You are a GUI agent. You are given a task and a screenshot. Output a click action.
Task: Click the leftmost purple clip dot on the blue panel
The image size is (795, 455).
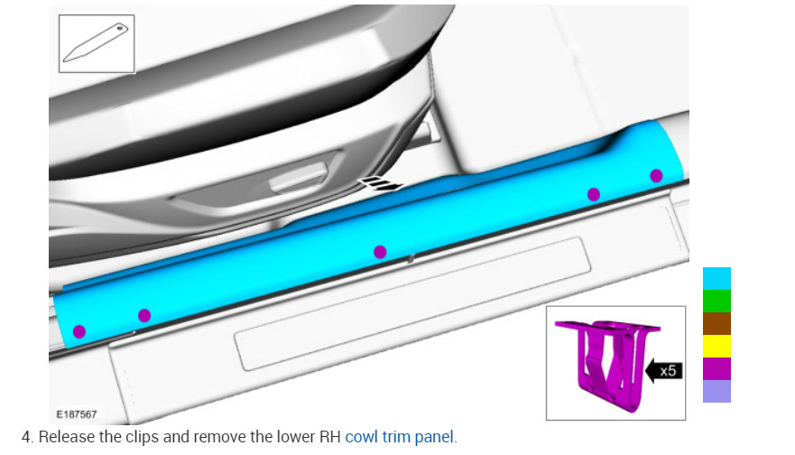click(79, 331)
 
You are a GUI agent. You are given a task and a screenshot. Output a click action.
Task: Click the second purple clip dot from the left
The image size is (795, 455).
click(144, 315)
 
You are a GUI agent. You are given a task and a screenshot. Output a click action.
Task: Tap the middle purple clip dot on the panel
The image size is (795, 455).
click(380, 252)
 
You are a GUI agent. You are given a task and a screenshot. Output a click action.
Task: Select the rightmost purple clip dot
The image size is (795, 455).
click(656, 175)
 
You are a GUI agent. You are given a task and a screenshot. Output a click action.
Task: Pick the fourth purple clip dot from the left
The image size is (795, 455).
click(594, 194)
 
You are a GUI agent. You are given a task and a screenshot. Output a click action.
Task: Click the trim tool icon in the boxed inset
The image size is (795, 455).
click(96, 42)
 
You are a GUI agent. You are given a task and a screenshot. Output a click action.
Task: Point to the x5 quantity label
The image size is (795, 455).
click(668, 371)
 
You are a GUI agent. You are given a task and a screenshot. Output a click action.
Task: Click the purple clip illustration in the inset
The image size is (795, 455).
click(608, 363)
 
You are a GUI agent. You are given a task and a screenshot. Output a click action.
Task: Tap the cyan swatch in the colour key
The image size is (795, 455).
click(716, 278)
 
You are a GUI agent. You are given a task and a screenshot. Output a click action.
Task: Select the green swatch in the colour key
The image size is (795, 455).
click(716, 302)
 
